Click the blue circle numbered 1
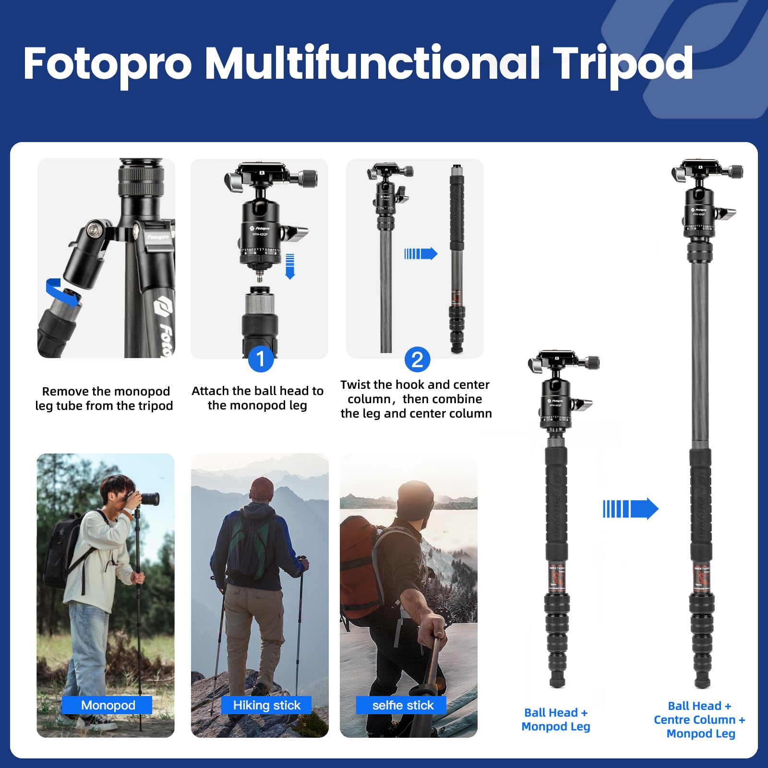pyautogui.click(x=261, y=359)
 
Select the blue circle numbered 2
pyautogui.click(x=417, y=360)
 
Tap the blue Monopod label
pyautogui.click(x=108, y=705)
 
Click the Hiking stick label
pyautogui.click(x=266, y=705)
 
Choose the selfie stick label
pyautogui.click(x=402, y=705)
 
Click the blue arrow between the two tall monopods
pyautogui.click(x=630, y=509)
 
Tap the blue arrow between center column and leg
pyautogui.click(x=420, y=253)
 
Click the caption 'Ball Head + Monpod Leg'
pyautogui.click(x=556, y=720)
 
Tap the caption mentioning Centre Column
pyautogui.click(x=700, y=720)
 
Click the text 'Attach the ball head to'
pyautogui.click(x=257, y=391)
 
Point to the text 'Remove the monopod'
pyautogui.click(x=106, y=392)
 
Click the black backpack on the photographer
pyautogui.click(x=62, y=552)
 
